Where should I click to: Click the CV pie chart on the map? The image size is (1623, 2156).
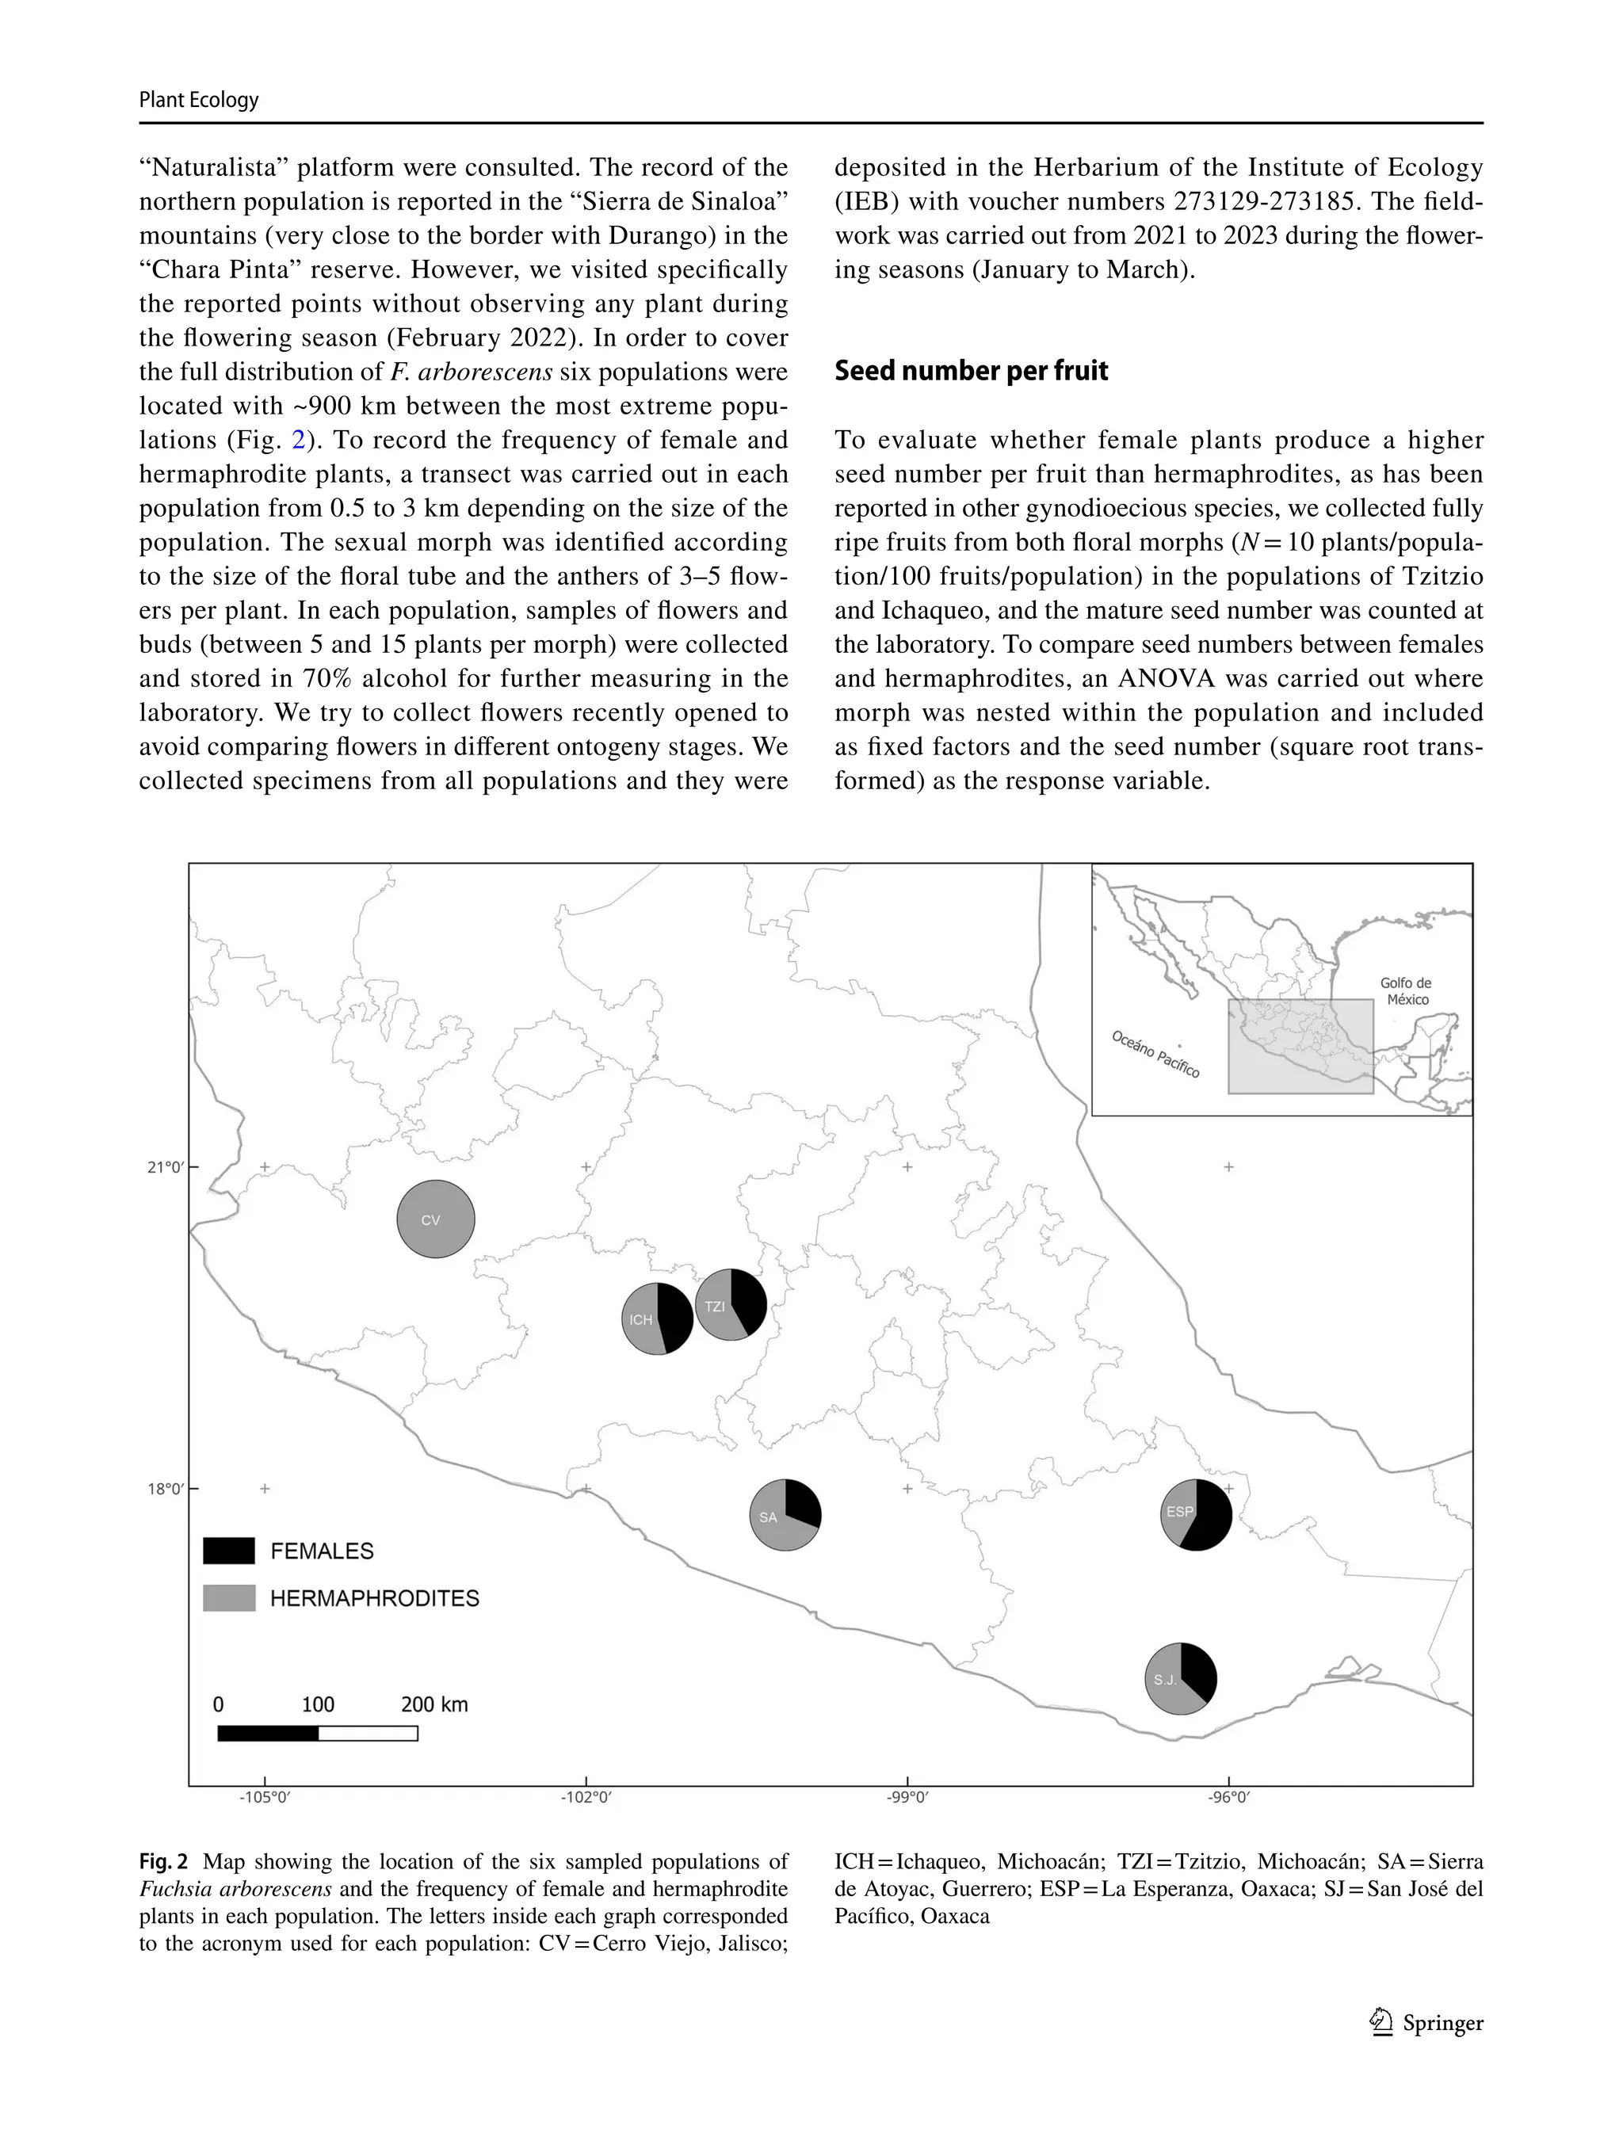coord(435,1219)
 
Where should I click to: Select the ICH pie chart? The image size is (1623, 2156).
coord(657,1318)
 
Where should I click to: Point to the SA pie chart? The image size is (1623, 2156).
coord(785,1515)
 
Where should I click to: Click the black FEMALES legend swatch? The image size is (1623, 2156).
coord(229,1551)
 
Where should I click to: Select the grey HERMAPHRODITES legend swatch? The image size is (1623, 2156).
coord(229,1597)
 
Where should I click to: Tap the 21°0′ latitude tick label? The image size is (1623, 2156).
coord(165,1166)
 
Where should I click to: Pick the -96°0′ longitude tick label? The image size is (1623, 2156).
coord(1228,1796)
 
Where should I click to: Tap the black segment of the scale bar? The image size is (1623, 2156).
coord(268,1733)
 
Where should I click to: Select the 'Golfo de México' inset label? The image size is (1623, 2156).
coord(1407,991)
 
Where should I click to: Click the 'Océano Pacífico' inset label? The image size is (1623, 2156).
coord(1155,1055)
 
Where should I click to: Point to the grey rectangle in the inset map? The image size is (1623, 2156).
coord(1300,1046)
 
